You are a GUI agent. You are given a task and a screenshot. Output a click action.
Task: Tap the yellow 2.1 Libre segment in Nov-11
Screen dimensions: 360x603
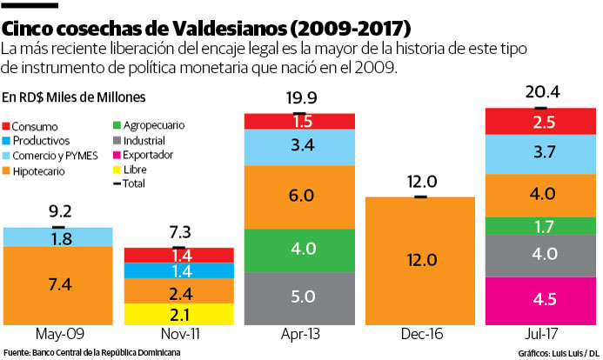tap(178, 314)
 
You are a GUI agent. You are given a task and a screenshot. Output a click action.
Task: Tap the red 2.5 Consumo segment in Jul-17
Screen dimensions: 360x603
tap(539, 121)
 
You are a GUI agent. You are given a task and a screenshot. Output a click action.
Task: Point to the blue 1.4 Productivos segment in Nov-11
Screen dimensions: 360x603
tap(178, 270)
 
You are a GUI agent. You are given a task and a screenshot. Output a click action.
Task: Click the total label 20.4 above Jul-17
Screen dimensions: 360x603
tap(539, 91)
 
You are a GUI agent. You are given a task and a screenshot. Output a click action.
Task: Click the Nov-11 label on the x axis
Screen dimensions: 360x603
tap(178, 336)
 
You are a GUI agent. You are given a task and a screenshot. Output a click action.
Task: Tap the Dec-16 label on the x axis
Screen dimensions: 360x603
tap(420, 336)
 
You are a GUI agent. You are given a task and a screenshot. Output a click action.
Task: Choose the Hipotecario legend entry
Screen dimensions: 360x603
tap(45, 171)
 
